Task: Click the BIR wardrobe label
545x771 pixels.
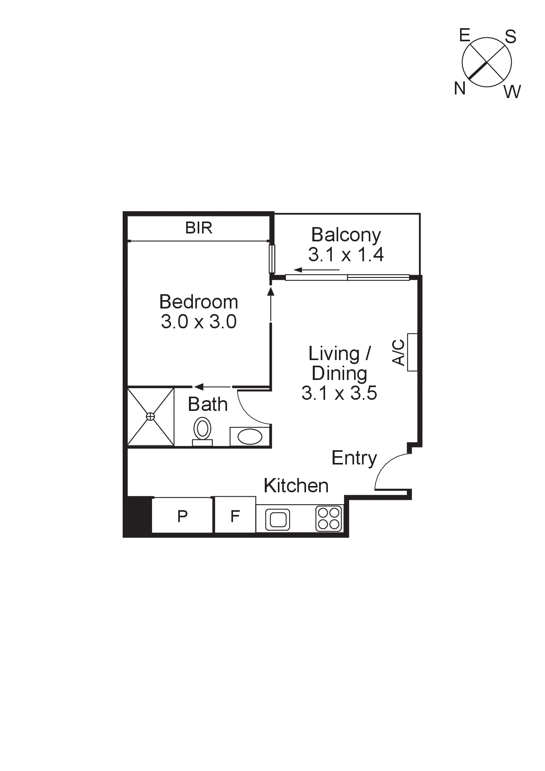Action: pyautogui.click(x=198, y=228)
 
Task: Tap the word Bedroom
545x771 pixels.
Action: pyautogui.click(x=198, y=302)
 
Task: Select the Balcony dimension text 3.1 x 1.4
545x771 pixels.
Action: pyautogui.click(x=346, y=254)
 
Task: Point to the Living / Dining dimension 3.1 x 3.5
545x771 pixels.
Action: pyautogui.click(x=339, y=393)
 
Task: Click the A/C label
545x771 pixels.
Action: pyautogui.click(x=399, y=352)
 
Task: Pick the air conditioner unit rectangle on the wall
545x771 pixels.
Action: pyautogui.click(x=412, y=352)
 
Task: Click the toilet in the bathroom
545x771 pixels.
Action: pyautogui.click(x=202, y=430)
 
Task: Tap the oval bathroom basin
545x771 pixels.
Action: pyautogui.click(x=250, y=437)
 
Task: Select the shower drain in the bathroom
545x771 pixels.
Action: pyautogui.click(x=150, y=416)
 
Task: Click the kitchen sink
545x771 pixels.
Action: pyautogui.click(x=277, y=519)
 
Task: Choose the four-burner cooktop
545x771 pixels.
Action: pyautogui.click(x=329, y=518)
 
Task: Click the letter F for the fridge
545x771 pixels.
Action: pyautogui.click(x=235, y=516)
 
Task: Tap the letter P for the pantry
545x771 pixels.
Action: pyautogui.click(x=182, y=516)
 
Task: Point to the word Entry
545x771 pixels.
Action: pyautogui.click(x=354, y=458)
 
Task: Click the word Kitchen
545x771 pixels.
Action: pyautogui.click(x=296, y=486)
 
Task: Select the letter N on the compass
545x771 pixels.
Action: pyautogui.click(x=460, y=88)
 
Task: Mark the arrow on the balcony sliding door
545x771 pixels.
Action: pyautogui.click(x=316, y=270)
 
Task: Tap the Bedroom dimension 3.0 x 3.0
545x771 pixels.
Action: pyautogui.click(x=198, y=322)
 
